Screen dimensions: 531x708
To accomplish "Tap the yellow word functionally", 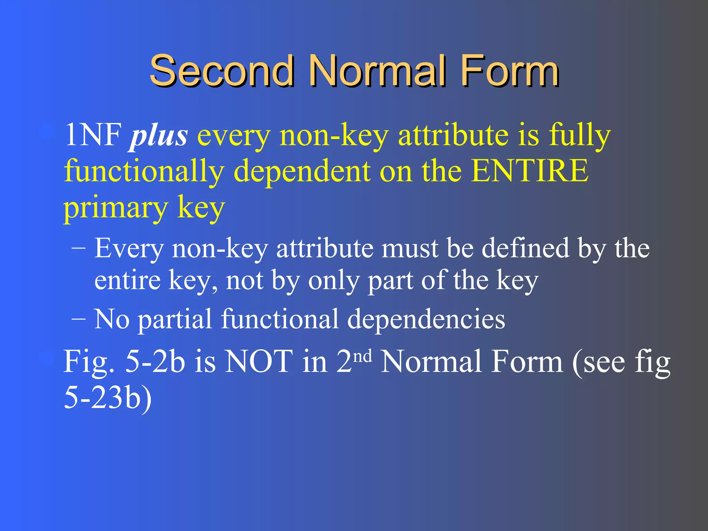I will point(144,171).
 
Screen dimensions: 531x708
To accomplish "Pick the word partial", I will point(175,319).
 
